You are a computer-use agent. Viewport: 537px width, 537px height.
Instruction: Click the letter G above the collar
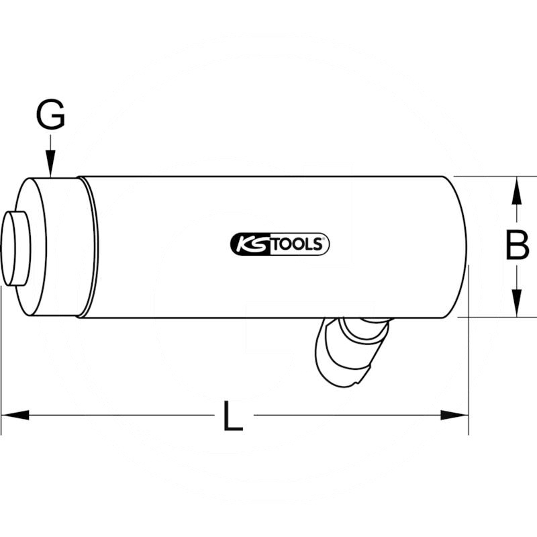click(50, 115)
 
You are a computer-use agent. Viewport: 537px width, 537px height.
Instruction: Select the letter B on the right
click(517, 246)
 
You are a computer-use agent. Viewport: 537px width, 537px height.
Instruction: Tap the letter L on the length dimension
click(232, 418)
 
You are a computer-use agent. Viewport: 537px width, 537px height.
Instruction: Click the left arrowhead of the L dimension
click(15, 416)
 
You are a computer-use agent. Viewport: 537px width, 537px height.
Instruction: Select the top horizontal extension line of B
click(490, 177)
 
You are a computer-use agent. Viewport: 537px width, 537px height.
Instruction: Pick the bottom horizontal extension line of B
click(490, 316)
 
